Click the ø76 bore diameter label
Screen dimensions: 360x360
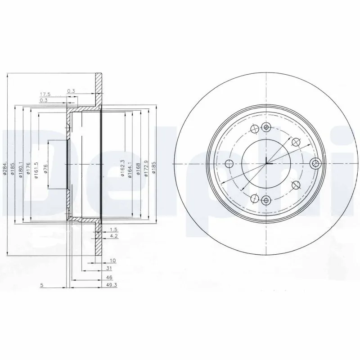click(45, 169)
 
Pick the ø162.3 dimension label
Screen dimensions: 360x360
click(122, 168)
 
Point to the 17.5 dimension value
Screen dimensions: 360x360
click(44, 94)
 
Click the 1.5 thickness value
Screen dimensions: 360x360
click(113, 229)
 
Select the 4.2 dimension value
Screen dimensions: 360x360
click(113, 235)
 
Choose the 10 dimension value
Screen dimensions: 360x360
click(113, 261)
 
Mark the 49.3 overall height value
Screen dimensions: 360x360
click(112, 286)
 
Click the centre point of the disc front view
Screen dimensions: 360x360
click(266, 163)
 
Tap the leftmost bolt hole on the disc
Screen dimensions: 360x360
click(229, 163)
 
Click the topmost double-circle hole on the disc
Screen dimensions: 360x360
click(266, 127)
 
